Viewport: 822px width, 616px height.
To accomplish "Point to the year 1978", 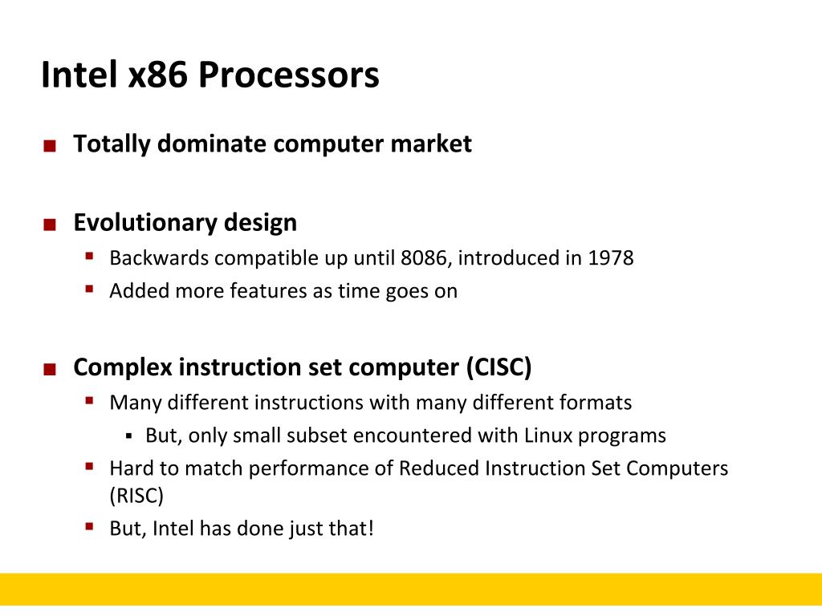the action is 610,258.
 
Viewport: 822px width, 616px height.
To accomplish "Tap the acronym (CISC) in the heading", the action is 498,367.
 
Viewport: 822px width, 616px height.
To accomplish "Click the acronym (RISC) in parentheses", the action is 136,496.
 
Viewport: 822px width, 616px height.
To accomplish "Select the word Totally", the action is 112,144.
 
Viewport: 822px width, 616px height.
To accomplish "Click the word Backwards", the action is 159,258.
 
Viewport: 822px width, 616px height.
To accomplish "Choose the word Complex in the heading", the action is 123,367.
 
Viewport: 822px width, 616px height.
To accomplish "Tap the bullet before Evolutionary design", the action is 50,225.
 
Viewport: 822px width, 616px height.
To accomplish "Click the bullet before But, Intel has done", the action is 90,527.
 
